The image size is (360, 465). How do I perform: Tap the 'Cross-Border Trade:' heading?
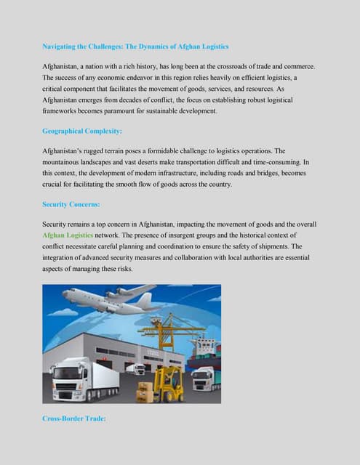74,418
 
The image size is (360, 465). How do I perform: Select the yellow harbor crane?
172,331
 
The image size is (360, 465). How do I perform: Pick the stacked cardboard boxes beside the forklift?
145,392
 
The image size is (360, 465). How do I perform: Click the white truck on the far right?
205,378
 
